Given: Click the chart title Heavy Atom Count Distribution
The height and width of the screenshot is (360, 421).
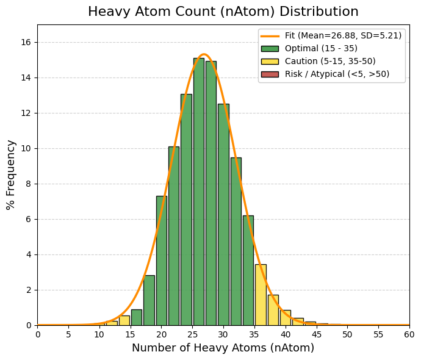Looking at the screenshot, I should click(223, 12).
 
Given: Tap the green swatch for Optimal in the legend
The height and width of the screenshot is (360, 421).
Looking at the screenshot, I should click(270, 48).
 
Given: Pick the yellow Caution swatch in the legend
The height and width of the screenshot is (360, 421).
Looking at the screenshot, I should click(270, 61).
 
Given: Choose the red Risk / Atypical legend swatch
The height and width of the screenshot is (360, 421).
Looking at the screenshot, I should click(270, 74).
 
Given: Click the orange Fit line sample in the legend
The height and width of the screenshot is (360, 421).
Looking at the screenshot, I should click(270, 35).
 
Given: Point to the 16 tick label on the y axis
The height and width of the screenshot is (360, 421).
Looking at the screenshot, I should click(27, 42).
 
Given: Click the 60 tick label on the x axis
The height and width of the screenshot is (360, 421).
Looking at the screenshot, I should click(409, 334).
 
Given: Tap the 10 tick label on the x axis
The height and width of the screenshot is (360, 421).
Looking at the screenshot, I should click(99, 334).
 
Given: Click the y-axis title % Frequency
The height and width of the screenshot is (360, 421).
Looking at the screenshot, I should click(11, 175).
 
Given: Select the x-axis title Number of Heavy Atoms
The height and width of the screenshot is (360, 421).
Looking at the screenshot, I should click(223, 348).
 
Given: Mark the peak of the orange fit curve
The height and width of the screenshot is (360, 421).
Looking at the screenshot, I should click(204, 54).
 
